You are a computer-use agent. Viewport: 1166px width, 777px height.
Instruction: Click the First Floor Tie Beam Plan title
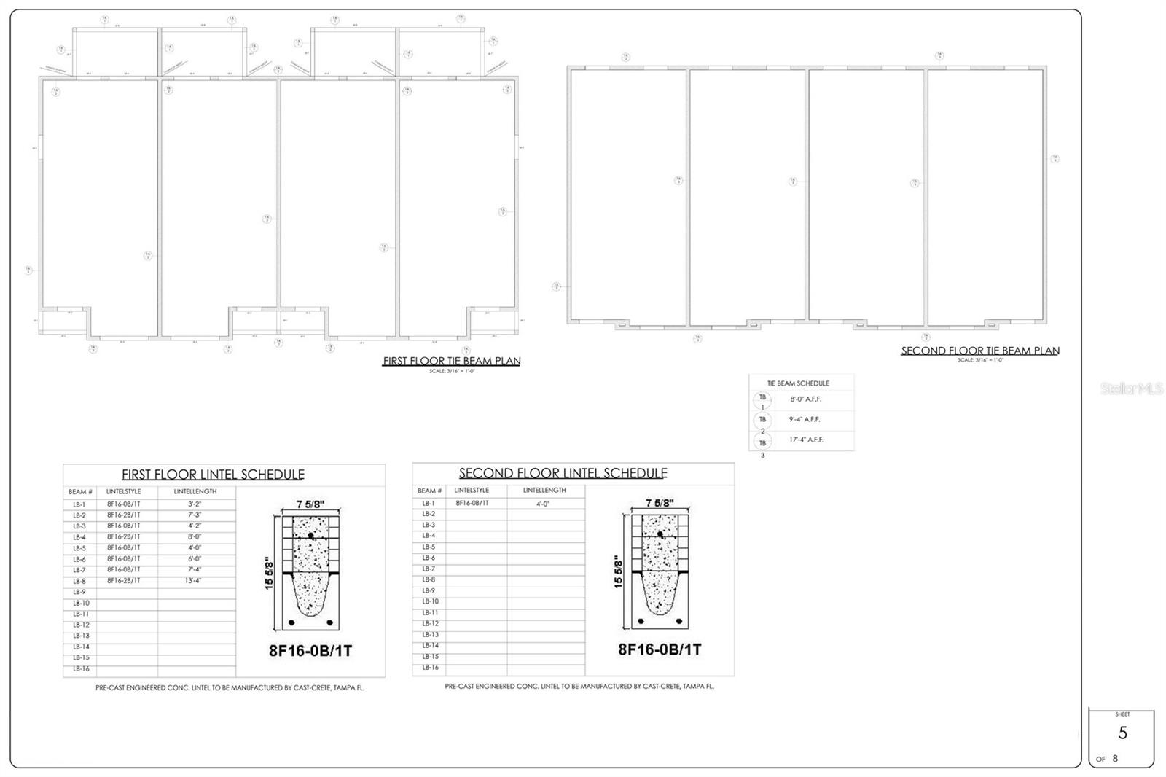(451, 361)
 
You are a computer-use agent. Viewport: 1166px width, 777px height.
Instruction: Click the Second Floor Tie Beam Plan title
(979, 351)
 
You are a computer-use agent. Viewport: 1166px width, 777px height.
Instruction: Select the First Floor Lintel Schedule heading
(213, 475)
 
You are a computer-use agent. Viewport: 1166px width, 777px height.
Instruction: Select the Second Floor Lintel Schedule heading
(563, 473)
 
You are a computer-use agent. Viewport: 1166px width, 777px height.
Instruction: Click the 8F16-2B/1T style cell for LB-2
(124, 515)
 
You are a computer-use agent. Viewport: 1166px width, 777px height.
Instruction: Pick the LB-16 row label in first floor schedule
(81, 668)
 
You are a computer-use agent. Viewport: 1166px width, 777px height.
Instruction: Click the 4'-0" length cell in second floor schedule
(543, 504)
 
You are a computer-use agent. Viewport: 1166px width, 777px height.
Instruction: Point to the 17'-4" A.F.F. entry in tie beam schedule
(805, 440)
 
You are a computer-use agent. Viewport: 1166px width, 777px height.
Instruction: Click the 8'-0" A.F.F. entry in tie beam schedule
(805, 399)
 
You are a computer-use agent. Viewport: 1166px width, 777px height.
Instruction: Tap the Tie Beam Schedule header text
(798, 383)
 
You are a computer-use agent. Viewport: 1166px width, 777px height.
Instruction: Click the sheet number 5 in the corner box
(1122, 733)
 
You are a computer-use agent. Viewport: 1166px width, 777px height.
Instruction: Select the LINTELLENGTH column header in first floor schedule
(195, 491)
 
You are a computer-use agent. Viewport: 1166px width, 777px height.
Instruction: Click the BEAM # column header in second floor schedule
(429, 491)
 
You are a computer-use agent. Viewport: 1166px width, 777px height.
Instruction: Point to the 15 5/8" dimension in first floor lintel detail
(269, 573)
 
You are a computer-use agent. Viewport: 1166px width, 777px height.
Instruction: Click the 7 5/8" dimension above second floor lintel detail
(660, 502)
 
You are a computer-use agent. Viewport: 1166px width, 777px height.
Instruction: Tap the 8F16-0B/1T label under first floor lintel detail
(310, 650)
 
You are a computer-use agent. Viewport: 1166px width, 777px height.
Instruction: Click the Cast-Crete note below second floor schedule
(579, 686)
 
